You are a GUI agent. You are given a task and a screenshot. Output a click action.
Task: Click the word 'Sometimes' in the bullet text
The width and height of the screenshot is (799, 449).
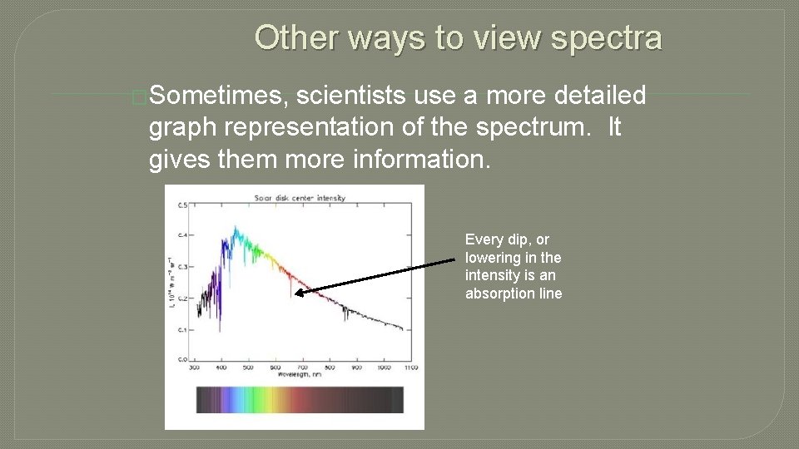pos(219,96)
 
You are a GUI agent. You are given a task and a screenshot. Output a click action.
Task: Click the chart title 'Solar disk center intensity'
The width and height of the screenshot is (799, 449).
pos(300,198)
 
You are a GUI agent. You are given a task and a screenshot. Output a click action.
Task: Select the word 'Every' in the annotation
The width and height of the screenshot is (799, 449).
pos(482,239)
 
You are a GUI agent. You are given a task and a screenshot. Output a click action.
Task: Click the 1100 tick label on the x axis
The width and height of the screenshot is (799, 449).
pos(409,367)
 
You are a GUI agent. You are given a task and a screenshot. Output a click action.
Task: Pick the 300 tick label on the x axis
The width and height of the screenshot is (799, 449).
pos(195,367)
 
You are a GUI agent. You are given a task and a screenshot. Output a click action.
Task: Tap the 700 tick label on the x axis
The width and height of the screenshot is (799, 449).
pos(302,367)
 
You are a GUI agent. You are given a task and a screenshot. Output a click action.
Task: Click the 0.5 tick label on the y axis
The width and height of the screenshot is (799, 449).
pos(182,205)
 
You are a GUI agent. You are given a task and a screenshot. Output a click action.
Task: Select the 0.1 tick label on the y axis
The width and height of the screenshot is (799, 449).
pos(182,329)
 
